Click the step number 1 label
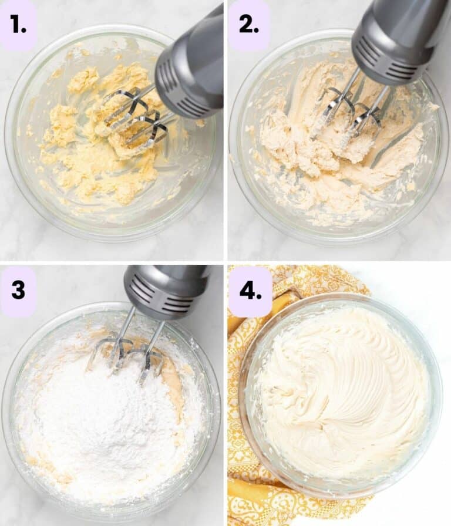(19, 25)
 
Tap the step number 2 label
(248, 25)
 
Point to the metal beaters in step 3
(126, 352)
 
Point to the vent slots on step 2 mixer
(385, 59)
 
